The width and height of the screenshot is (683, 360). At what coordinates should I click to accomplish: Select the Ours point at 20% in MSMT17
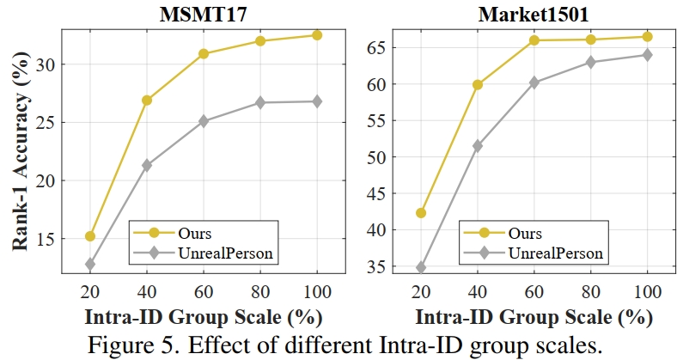click(90, 235)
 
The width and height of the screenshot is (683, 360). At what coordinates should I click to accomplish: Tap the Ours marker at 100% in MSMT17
click(317, 35)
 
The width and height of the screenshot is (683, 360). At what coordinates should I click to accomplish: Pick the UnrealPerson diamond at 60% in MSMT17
click(204, 121)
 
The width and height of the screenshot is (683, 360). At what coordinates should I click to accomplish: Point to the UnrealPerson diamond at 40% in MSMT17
click(147, 165)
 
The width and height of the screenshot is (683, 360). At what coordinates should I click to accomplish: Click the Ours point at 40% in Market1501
click(478, 85)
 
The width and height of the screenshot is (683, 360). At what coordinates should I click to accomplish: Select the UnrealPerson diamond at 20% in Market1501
click(421, 268)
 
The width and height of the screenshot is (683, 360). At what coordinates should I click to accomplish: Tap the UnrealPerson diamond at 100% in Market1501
click(648, 55)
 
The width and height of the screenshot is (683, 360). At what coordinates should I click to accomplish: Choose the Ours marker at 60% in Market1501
click(534, 40)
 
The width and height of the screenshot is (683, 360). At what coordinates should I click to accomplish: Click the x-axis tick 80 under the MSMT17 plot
click(260, 290)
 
